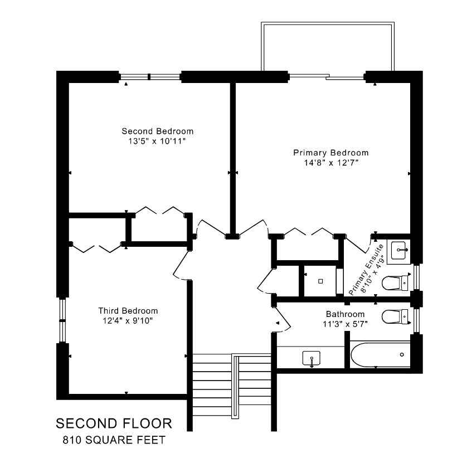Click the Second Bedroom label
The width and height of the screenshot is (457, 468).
click(x=158, y=131)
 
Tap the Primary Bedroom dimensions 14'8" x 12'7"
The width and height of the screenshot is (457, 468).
click(x=331, y=163)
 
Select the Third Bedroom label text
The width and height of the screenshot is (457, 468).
click(x=128, y=311)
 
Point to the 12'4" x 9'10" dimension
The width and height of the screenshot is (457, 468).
click(x=128, y=321)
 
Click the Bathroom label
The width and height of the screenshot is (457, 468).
click(x=345, y=314)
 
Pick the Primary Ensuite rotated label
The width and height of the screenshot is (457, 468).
click(x=366, y=270)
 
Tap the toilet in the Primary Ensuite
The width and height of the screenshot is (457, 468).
click(x=395, y=283)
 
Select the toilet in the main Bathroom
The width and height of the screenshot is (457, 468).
click(x=395, y=316)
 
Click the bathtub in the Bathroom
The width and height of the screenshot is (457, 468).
click(x=380, y=355)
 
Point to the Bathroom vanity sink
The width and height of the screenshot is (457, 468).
click(x=312, y=358)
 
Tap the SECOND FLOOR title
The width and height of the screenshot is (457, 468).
click(x=114, y=423)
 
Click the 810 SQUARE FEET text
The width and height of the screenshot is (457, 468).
click(x=114, y=440)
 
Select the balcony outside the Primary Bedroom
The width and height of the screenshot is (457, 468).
click(x=328, y=46)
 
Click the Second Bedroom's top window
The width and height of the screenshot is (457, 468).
click(x=150, y=77)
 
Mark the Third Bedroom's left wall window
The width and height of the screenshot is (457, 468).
click(x=62, y=320)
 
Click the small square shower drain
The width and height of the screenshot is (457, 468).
click(x=320, y=281)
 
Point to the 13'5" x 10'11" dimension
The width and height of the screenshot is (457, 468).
click(x=157, y=141)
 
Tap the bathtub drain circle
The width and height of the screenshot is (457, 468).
click(x=402, y=354)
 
